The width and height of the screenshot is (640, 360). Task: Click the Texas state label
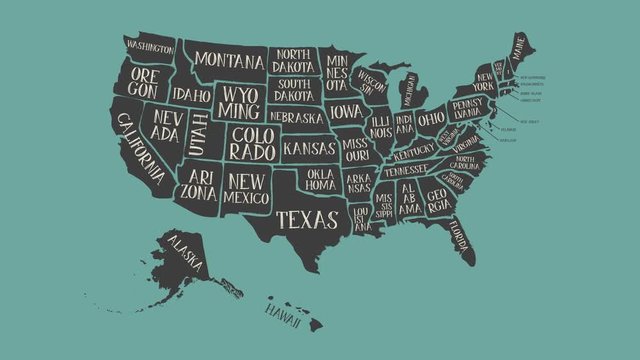(307, 219)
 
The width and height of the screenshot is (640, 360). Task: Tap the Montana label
(229, 60)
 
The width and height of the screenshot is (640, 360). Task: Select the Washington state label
(149, 46)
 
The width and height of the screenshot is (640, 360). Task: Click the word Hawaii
(283, 311)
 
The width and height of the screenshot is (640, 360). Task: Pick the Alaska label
(185, 254)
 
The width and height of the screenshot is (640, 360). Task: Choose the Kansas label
(308, 148)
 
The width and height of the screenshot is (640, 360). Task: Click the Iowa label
(346, 110)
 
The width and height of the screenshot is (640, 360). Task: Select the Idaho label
(191, 95)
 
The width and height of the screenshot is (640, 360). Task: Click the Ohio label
(431, 118)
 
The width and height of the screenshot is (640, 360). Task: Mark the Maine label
(517, 46)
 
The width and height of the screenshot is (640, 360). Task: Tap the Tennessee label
(405, 170)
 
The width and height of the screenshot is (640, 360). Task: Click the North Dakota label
(294, 59)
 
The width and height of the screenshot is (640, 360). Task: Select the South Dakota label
(294, 90)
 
